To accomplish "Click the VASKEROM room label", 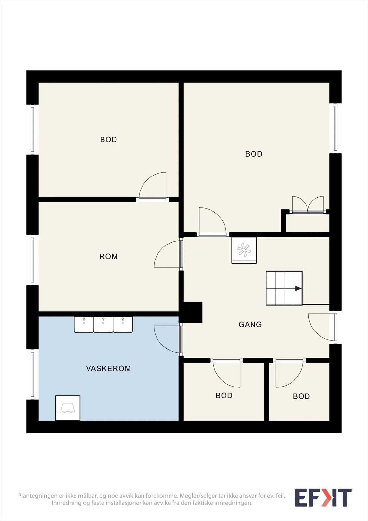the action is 108,368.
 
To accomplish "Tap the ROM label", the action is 108,256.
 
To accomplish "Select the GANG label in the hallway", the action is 250,324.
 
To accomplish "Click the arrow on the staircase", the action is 298,289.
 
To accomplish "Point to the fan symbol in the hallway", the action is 244,250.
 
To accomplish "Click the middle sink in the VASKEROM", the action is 103,324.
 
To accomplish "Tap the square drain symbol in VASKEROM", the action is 68,408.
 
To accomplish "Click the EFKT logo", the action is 323,498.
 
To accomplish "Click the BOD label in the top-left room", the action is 108,140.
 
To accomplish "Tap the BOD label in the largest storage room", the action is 253,154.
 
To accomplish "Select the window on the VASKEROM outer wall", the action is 33,374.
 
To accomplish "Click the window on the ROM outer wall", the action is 33,260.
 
